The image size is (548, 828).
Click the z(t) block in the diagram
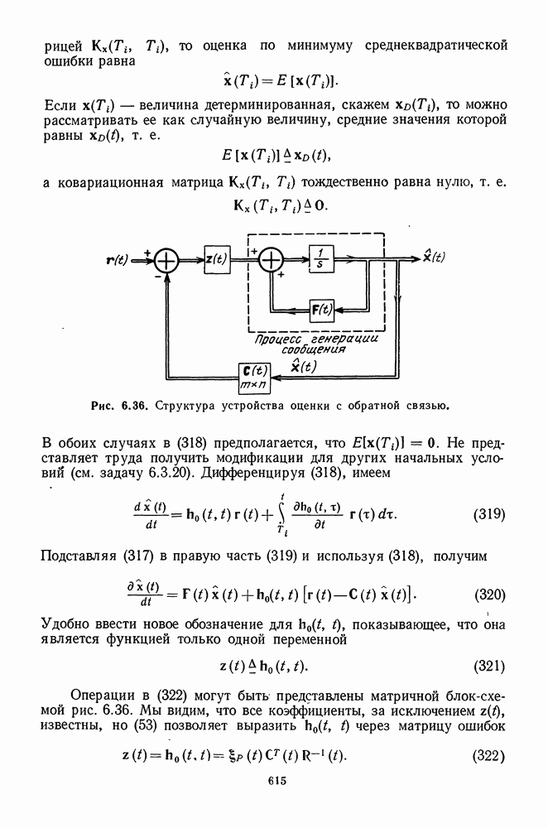point(217,259)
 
